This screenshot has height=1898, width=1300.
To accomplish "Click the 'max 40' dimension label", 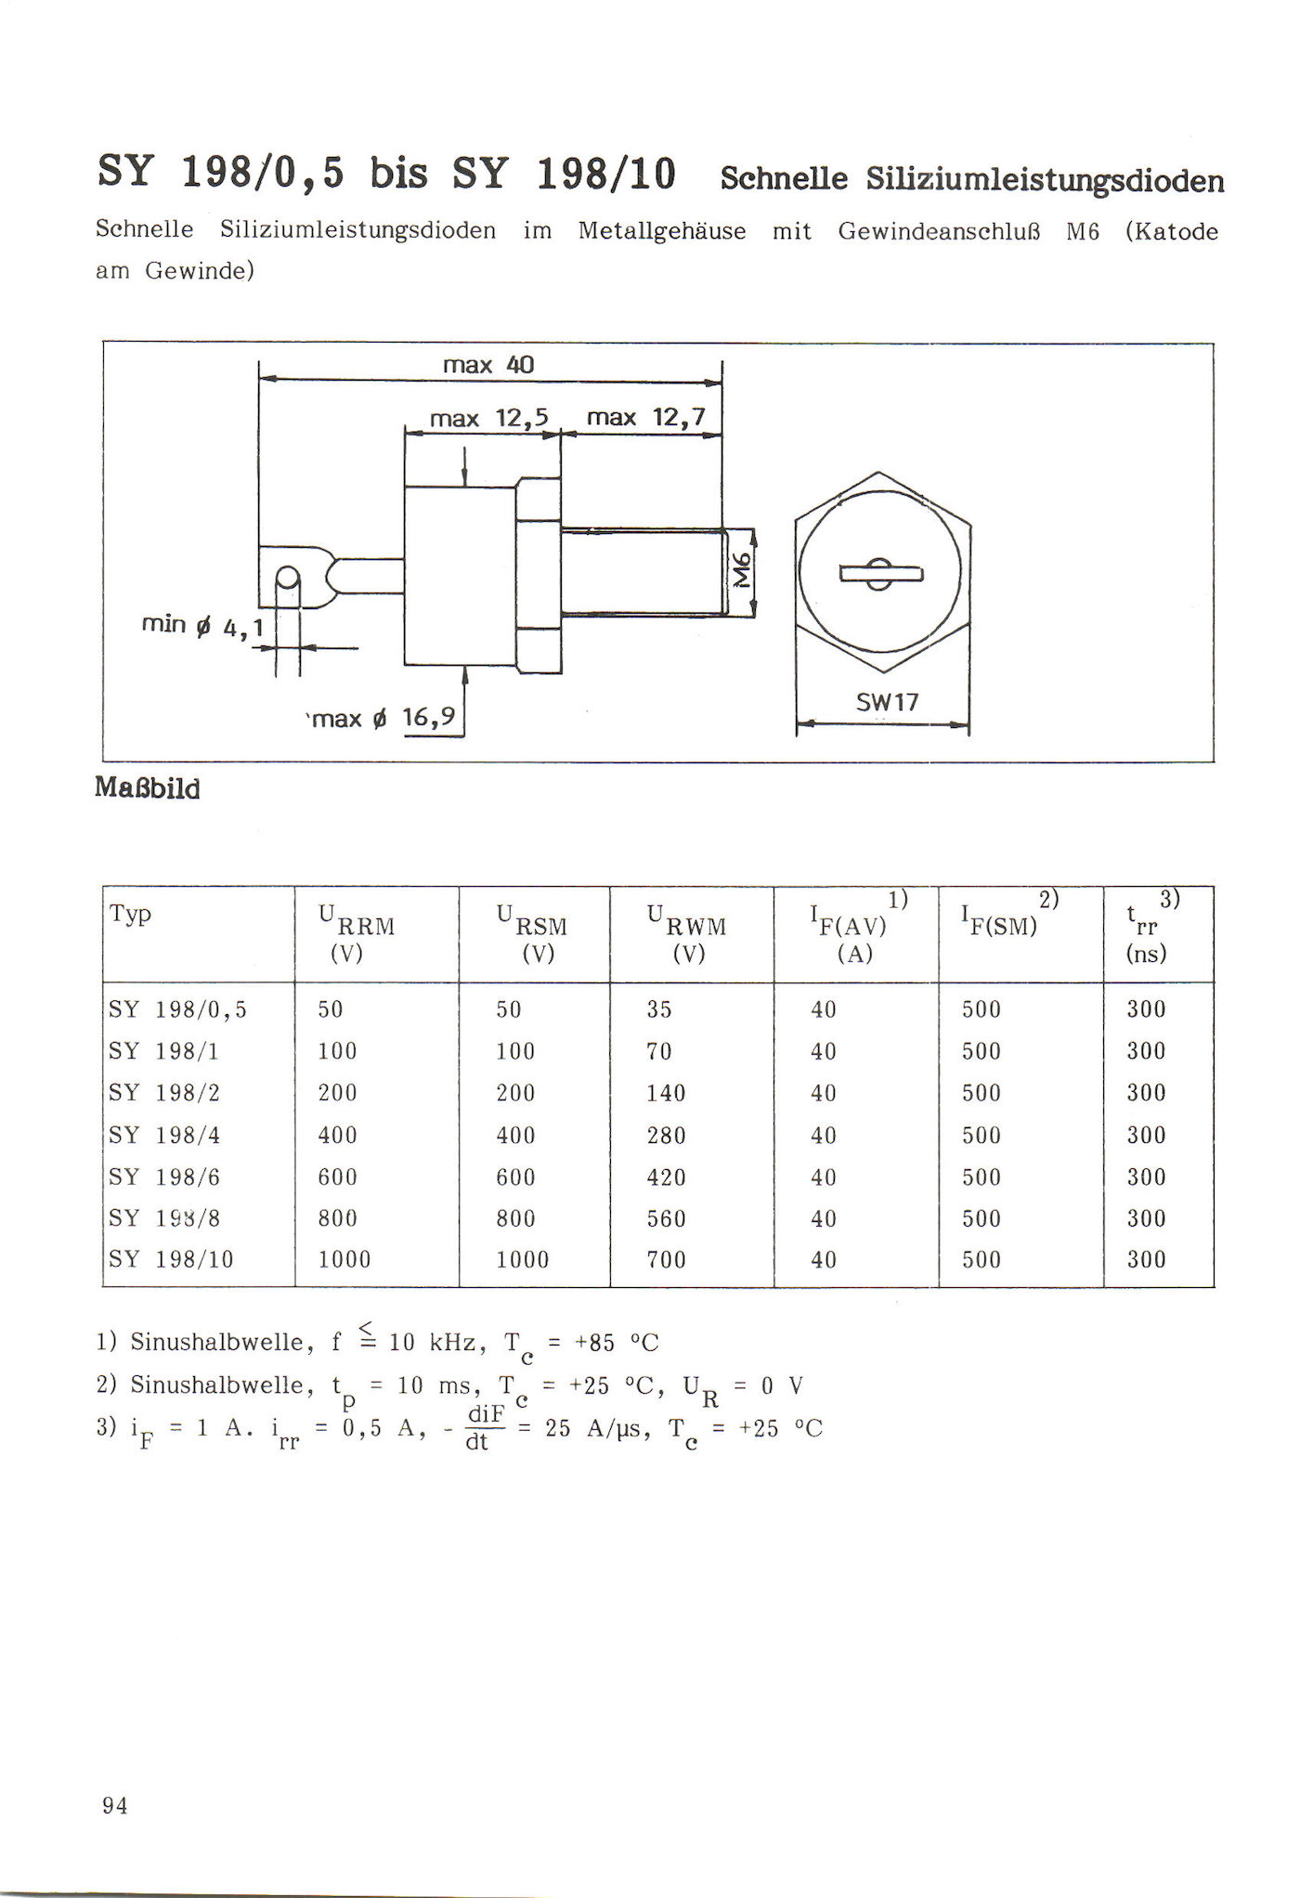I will click(488, 365).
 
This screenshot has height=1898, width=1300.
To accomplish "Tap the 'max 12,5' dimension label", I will click(489, 419).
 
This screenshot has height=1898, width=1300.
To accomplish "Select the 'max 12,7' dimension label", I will click(646, 418).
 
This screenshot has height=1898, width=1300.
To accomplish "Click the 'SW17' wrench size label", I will click(887, 703).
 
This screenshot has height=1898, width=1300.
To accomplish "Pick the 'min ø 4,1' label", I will click(201, 626).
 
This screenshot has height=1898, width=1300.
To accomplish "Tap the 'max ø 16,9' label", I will click(383, 719).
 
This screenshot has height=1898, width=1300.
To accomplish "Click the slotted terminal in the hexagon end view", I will click(881, 574).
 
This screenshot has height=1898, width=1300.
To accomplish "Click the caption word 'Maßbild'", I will click(148, 789).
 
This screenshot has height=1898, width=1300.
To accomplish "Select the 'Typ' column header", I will click(130, 914).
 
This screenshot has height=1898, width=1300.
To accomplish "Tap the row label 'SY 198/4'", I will click(164, 1136).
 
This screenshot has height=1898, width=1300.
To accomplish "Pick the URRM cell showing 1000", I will click(344, 1260).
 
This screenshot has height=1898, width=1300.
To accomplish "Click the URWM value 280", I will click(666, 1136).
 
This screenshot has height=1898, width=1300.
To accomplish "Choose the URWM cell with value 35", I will click(659, 1010).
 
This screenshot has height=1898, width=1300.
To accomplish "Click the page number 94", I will click(115, 1806).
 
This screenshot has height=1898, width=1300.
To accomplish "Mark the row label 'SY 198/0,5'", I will click(178, 1010).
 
